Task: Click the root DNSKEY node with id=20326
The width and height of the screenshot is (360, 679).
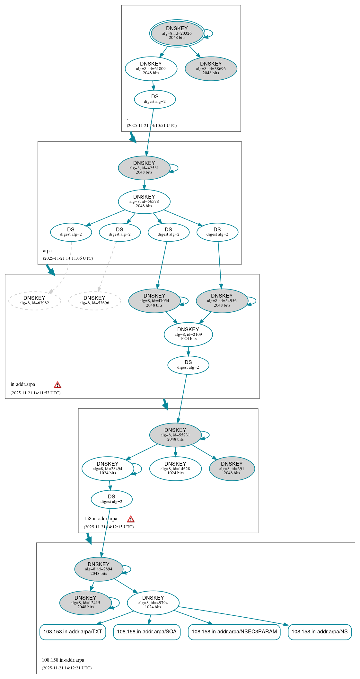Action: (177, 33)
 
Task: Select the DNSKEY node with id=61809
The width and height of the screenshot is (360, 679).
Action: (151, 68)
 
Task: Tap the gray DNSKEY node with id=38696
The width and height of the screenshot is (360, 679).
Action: (211, 68)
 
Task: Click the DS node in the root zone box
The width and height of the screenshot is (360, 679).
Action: (155, 99)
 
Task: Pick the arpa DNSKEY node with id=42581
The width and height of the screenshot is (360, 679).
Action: (144, 168)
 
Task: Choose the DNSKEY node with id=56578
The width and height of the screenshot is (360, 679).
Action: (144, 201)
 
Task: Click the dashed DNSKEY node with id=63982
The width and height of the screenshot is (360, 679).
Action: (34, 301)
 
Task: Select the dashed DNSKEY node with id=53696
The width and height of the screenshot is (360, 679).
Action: (94, 301)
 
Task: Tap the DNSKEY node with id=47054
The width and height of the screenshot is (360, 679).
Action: (154, 301)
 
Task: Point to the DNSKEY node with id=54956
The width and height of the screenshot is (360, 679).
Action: (222, 301)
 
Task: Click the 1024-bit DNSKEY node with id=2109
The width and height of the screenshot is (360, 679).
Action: (188, 335)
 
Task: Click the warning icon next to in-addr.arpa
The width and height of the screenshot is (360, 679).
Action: (57, 385)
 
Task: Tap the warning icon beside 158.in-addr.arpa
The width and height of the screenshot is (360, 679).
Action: (131, 519)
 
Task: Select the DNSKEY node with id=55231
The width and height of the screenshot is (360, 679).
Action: (175, 435)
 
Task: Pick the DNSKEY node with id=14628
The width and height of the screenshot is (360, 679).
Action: (175, 469)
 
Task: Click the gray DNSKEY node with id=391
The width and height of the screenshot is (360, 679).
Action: (232, 469)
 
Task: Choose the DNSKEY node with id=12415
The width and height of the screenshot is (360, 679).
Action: (85, 603)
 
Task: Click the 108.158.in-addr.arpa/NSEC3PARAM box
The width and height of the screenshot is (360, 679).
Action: (234, 632)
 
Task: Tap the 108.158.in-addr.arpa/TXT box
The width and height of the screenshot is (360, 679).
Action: (73, 632)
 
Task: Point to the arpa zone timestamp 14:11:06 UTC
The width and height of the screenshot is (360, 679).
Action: (68, 258)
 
